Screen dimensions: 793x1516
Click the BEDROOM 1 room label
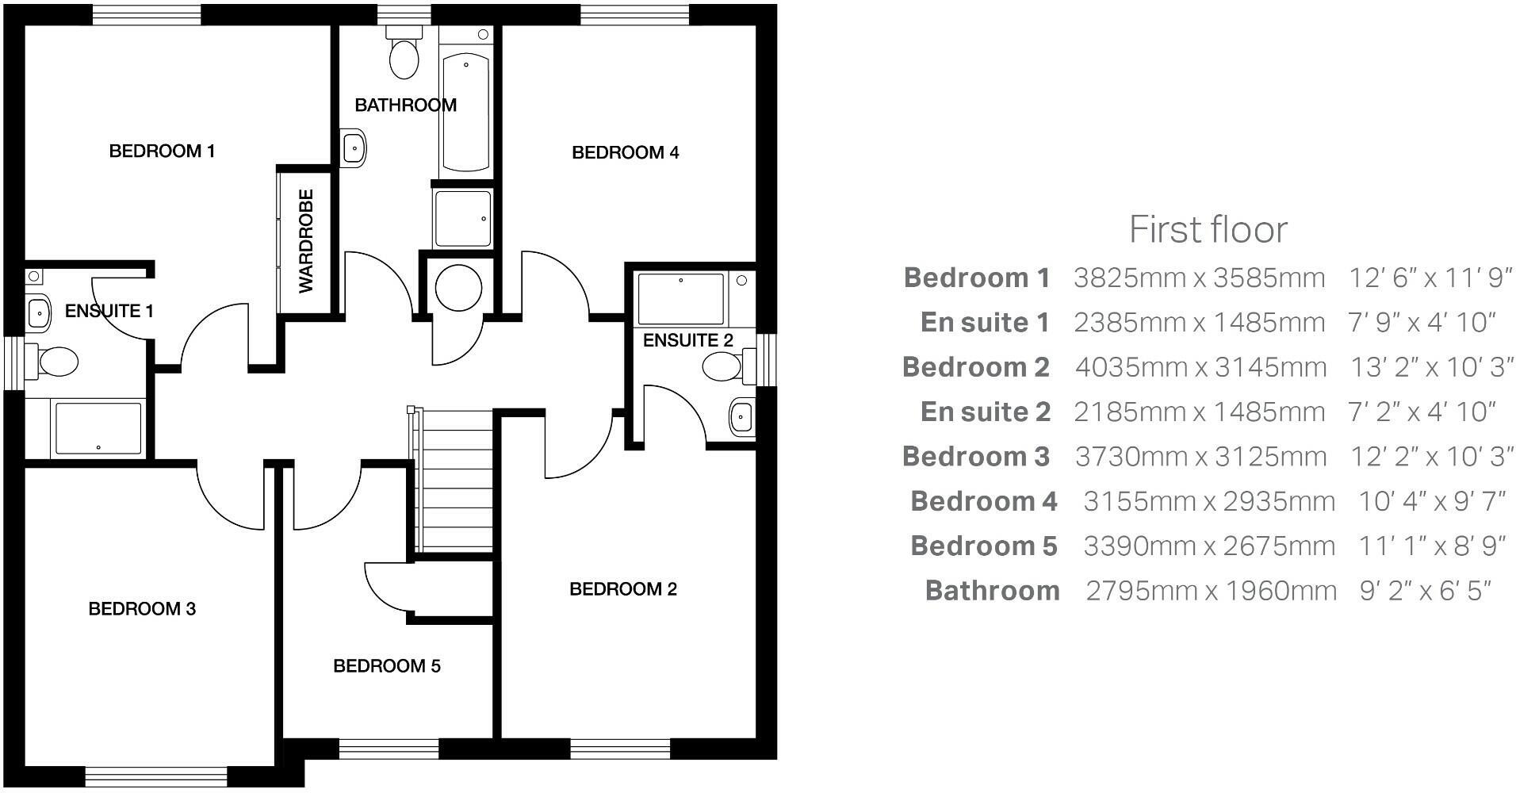click(x=162, y=151)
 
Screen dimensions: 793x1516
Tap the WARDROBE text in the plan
click(x=306, y=241)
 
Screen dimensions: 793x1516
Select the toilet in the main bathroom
click(x=404, y=56)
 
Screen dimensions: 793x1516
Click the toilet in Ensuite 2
click(x=723, y=366)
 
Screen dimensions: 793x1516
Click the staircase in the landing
click(x=454, y=480)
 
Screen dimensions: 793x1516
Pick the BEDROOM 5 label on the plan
click(x=386, y=666)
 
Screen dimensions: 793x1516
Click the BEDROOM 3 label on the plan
click(x=142, y=609)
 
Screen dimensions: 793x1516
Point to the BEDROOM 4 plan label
click(x=625, y=152)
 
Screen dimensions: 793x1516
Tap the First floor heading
click(x=1208, y=230)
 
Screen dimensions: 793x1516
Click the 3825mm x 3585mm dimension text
click(x=1199, y=278)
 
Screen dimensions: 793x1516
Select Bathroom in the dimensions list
click(x=992, y=591)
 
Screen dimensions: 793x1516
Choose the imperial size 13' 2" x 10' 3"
click(x=1431, y=367)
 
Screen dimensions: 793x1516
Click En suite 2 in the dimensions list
click(x=985, y=412)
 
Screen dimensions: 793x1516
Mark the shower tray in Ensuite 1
click(x=97, y=429)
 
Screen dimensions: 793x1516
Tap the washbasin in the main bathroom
click(x=354, y=147)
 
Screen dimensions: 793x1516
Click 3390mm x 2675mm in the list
click(x=1209, y=546)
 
